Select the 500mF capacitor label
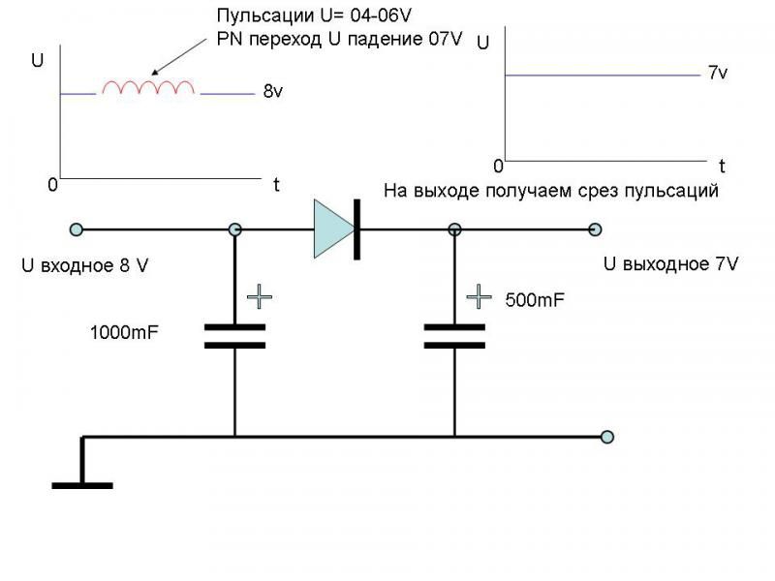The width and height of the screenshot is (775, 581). pyautogui.click(x=535, y=300)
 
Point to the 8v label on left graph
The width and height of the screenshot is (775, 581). pyautogui.click(x=273, y=93)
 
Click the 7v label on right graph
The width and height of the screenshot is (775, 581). pyautogui.click(x=718, y=74)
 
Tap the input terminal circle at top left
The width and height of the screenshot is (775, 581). pyautogui.click(x=77, y=229)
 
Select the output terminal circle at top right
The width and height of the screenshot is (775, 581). pyautogui.click(x=595, y=229)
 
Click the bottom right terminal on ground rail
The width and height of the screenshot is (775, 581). pyautogui.click(x=606, y=437)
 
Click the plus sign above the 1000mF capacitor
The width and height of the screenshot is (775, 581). pyautogui.click(x=259, y=295)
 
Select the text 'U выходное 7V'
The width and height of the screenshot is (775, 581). pyautogui.click(x=670, y=263)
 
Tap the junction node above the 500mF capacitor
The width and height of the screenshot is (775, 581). pyautogui.click(x=454, y=229)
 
